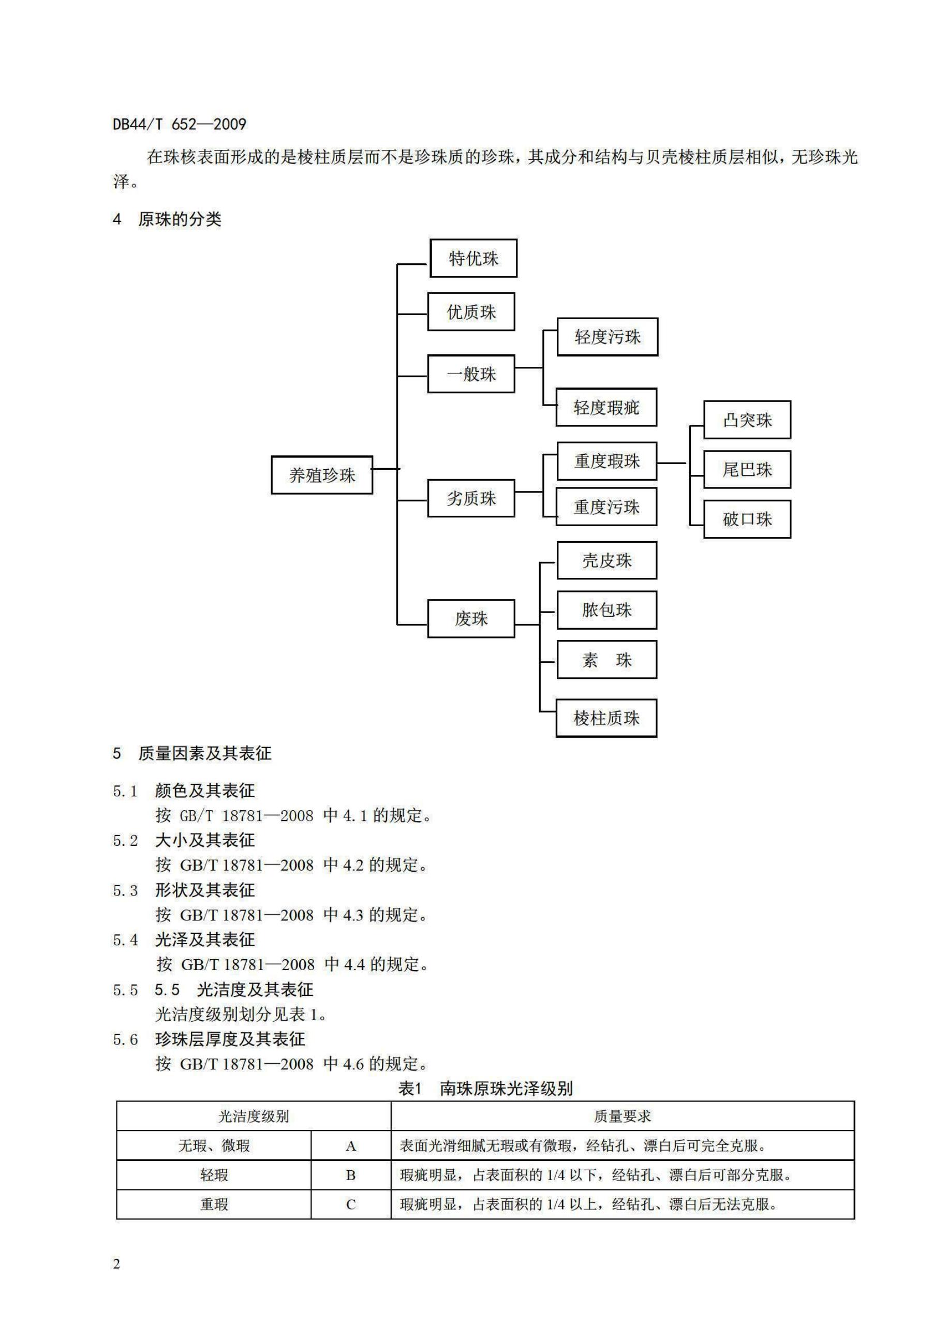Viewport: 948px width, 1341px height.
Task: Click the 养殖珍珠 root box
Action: coord(322,475)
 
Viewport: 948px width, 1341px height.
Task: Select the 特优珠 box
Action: coord(473,258)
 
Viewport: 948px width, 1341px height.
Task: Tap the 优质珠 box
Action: coord(471,312)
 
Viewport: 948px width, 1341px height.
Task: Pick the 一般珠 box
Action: coord(471,374)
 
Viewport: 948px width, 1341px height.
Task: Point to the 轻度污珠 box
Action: coord(607,337)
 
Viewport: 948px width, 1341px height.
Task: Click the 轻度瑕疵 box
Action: coord(606,407)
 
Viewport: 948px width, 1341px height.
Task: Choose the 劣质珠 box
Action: coord(471,498)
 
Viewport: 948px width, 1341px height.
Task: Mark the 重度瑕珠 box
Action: coord(606,461)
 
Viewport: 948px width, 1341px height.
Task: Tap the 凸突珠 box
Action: coord(747,420)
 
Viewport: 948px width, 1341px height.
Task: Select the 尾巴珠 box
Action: coord(747,470)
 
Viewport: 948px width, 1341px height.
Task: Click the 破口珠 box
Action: coord(747,519)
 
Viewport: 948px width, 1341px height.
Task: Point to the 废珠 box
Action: coord(471,619)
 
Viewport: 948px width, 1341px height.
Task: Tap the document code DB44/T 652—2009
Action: coord(180,124)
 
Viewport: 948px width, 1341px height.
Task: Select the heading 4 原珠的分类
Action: coord(167,219)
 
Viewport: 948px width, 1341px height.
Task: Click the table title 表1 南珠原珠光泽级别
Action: coord(485,1089)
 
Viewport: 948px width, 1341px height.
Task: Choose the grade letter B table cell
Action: coord(350,1175)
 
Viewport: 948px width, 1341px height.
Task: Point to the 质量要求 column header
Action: coord(622,1116)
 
